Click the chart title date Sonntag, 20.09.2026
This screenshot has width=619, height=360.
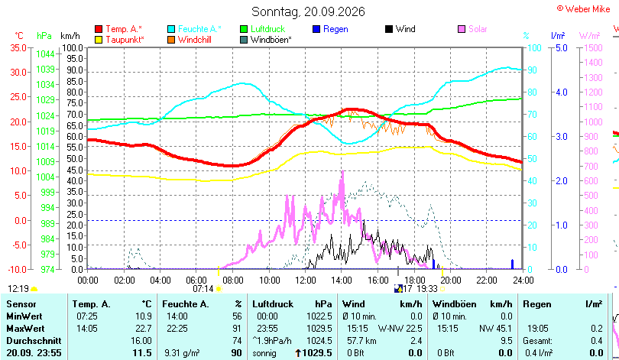click(308, 11)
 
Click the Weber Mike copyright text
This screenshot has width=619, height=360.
click(584, 8)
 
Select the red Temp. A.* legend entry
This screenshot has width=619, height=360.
click(118, 29)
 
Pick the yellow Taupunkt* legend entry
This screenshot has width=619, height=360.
click(120, 40)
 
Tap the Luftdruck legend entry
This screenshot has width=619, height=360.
click(263, 29)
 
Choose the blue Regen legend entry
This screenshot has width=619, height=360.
click(330, 29)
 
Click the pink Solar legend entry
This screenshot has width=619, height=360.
click(472, 29)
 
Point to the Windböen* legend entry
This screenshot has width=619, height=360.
click(266, 40)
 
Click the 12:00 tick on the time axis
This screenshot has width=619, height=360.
click(306, 281)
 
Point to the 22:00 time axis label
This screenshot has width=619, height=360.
click(487, 281)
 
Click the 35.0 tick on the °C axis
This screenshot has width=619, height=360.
click(18, 47)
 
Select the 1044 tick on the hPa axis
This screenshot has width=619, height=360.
click(45, 54)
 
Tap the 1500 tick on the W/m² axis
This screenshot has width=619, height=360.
click(593, 47)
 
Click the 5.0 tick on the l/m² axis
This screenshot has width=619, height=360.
click(562, 47)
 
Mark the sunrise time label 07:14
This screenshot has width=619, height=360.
click(203, 289)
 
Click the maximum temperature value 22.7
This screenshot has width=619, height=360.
click(144, 329)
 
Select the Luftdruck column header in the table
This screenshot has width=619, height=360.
click(273, 304)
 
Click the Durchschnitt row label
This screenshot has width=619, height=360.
click(34, 341)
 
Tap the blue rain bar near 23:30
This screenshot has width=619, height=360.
click(513, 264)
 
